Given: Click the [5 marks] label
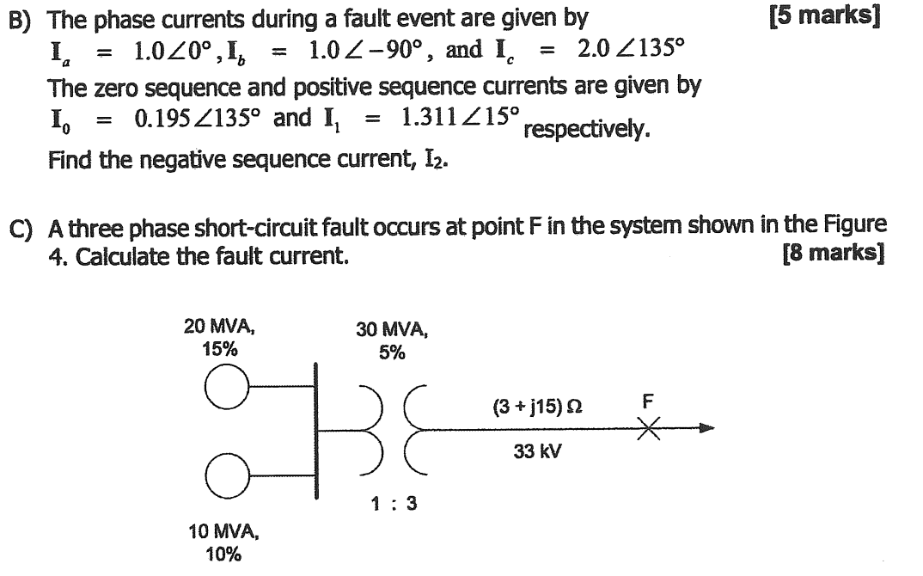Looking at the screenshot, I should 823,15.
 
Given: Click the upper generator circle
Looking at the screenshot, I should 224,391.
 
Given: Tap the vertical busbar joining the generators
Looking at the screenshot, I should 315,429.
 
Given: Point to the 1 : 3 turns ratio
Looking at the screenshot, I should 394,504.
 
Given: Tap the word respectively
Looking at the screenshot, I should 587,131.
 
